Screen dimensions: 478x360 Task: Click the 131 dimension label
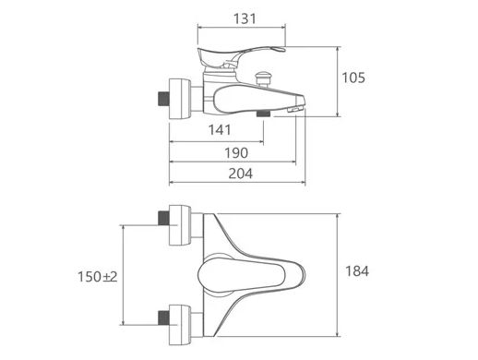245,18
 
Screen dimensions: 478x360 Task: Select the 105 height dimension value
353,78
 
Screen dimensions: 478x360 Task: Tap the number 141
220,130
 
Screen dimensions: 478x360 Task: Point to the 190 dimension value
236,153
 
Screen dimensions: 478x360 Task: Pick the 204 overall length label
240,174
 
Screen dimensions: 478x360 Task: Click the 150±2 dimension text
97,277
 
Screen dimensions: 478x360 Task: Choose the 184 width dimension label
357,271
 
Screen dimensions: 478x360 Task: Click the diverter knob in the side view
263,78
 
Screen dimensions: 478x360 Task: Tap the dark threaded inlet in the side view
163,99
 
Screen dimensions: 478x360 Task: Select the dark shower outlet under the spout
264,114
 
